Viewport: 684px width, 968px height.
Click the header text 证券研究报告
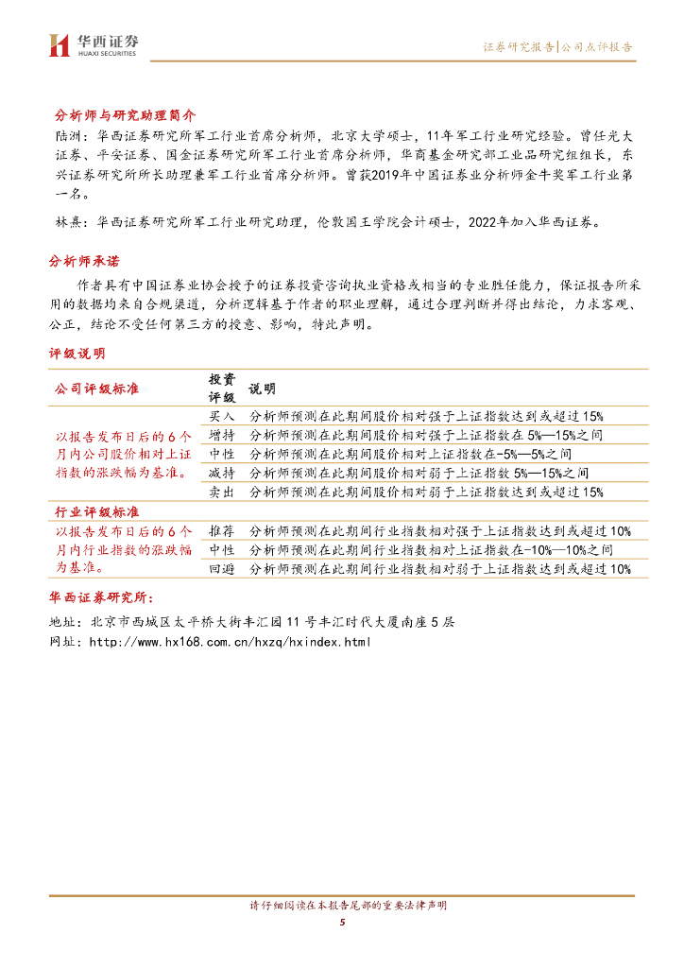(518, 46)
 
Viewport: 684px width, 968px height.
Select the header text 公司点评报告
(596, 46)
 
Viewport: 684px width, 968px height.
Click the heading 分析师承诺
(84, 260)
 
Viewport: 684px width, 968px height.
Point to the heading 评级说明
(77, 353)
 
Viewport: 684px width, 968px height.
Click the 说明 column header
(262, 389)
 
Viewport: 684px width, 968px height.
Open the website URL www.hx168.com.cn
(229, 642)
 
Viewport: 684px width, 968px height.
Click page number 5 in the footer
(342, 923)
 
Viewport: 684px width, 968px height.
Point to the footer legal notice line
(342, 906)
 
